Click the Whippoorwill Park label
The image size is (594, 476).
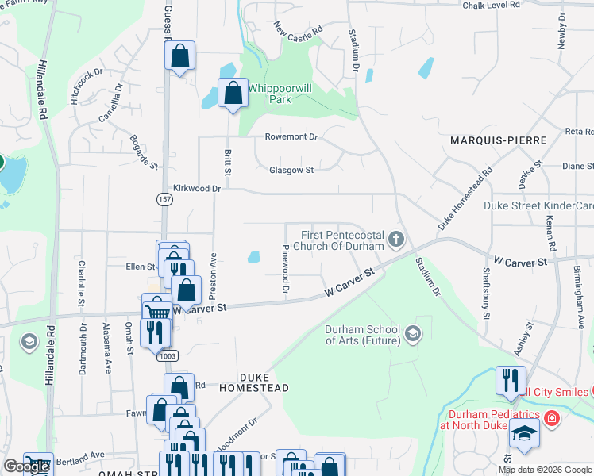pyautogui.click(x=269, y=94)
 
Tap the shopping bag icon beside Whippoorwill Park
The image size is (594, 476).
pyautogui.click(x=233, y=94)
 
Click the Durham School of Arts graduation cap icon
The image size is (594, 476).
pyautogui.click(x=412, y=334)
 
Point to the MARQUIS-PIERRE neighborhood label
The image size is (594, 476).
pyautogui.click(x=499, y=140)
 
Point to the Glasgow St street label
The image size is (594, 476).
pyautogui.click(x=291, y=170)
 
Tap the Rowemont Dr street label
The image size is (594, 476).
pyautogui.click(x=291, y=137)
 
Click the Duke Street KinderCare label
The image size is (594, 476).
pyautogui.click(x=538, y=206)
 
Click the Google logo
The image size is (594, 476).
pyautogui.click(x=26, y=466)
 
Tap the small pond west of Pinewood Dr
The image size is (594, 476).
pyautogui.click(x=253, y=257)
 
